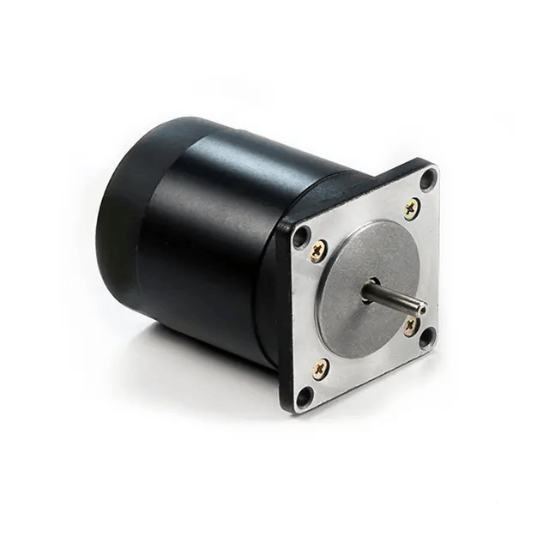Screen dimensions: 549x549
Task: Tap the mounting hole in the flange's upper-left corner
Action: pyautogui.click(x=300, y=238)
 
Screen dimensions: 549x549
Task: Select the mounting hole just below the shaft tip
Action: pyautogui.click(x=426, y=336)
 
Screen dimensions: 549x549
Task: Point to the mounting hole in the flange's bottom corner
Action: pyautogui.click(x=304, y=395)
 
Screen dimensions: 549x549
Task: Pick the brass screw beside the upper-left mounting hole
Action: pyautogui.click(x=318, y=251)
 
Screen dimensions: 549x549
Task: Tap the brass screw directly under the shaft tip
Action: pyautogui.click(x=412, y=324)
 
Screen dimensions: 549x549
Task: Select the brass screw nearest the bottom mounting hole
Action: pyautogui.click(x=319, y=370)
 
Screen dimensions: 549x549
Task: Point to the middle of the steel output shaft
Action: pyautogui.click(x=395, y=298)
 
